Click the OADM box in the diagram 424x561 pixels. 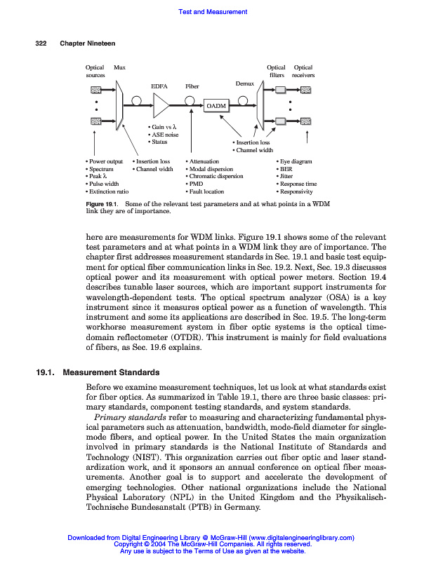pos(217,106)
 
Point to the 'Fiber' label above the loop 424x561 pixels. pos(192,86)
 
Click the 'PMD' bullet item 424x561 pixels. pos(196,184)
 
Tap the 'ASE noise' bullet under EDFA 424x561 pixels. pos(164,135)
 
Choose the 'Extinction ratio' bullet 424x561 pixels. pos(107,191)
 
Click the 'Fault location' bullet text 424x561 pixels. pos(206,191)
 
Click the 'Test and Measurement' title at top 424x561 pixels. pos(213,12)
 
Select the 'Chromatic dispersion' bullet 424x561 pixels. pos(216,176)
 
